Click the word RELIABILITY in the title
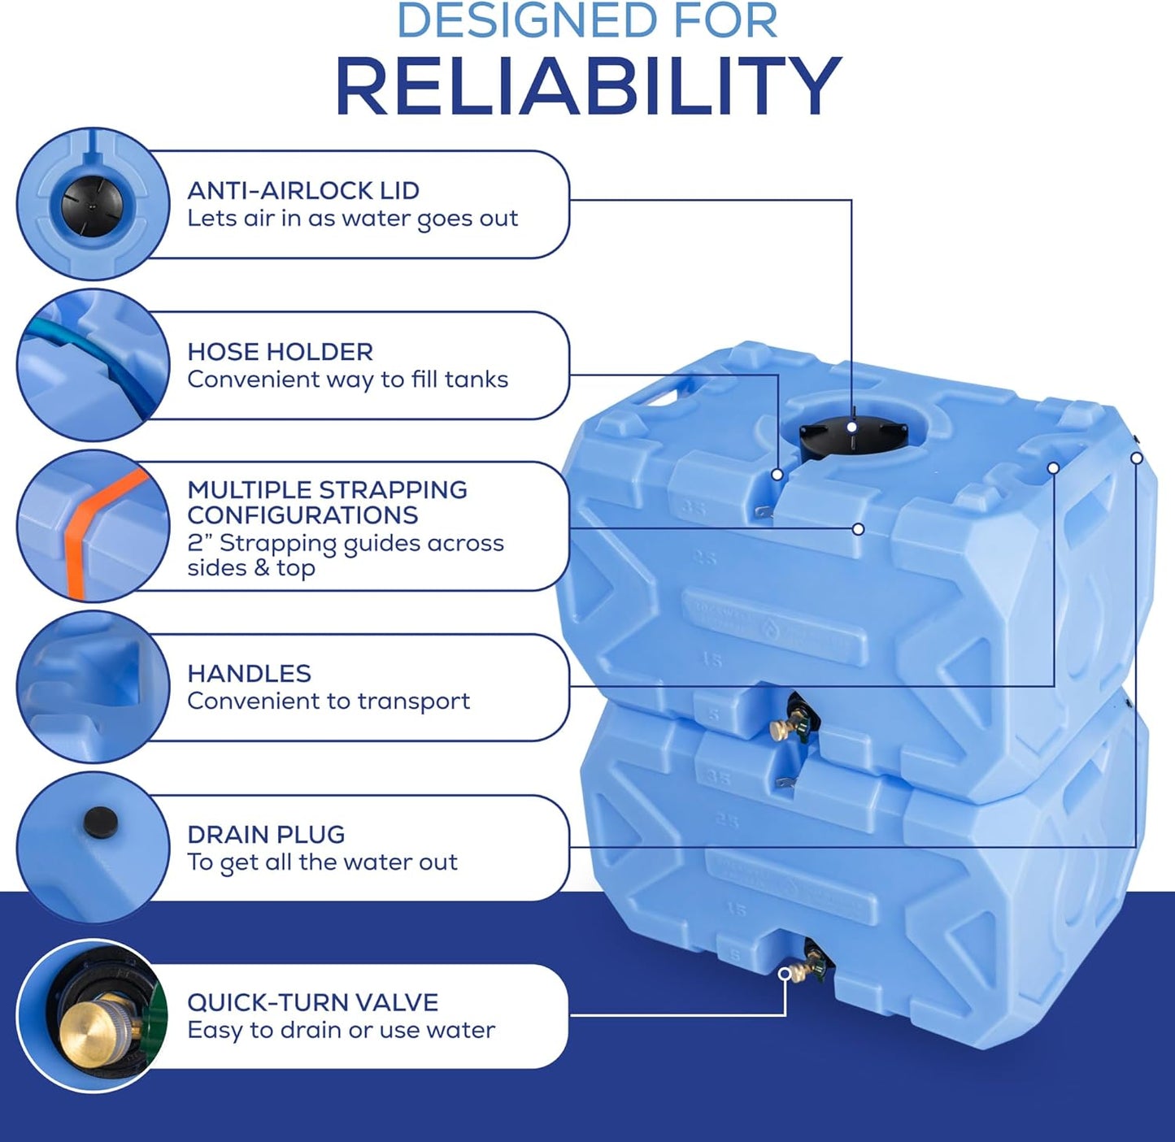587,86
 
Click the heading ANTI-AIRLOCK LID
303,191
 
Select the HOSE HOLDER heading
280,352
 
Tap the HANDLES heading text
249,674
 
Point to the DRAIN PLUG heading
266,835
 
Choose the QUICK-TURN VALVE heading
312,1002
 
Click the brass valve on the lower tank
793,971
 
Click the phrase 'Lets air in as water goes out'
352,219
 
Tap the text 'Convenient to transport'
329,701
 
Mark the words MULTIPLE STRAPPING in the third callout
327,490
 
